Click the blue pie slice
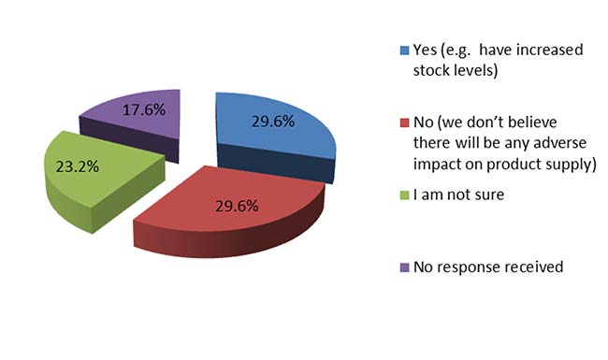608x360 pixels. click(271, 132)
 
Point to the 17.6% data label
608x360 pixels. click(144, 110)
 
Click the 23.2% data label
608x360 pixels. click(78, 166)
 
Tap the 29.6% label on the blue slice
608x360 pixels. click(273, 122)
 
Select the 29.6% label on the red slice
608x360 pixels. click(237, 206)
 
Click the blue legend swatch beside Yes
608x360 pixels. click(404, 50)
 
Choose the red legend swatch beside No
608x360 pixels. click(404, 122)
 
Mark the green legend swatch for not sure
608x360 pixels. click(404, 194)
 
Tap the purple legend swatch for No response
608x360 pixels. click(404, 267)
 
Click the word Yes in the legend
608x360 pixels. click(424, 50)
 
